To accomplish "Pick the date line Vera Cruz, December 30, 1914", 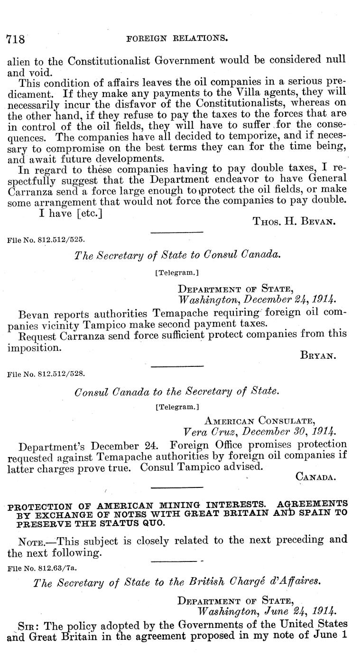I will pos(260,432).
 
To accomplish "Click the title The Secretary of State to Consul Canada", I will pos(177,255).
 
